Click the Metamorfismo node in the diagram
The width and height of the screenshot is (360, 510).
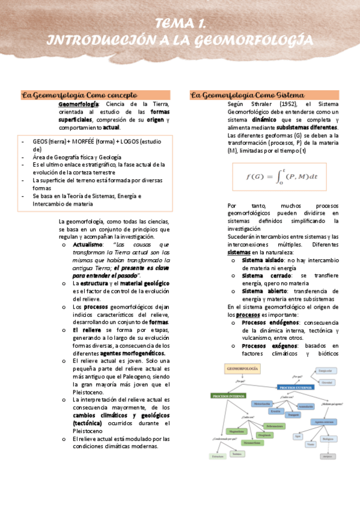point(252,443)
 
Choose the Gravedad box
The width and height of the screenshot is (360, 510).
point(327,382)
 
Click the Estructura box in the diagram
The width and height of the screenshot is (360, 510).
point(218,456)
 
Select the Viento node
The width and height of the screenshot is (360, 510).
point(310,444)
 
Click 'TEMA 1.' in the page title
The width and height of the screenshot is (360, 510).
point(180,24)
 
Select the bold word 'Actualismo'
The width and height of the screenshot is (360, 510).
point(88,245)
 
